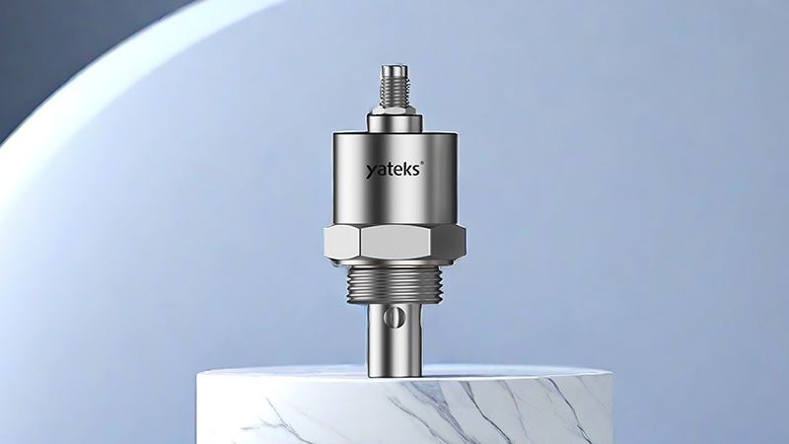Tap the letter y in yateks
point(371,173)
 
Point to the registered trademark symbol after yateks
point(422,163)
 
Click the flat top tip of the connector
point(394,67)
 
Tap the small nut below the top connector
point(394,110)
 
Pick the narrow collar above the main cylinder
point(394,122)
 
